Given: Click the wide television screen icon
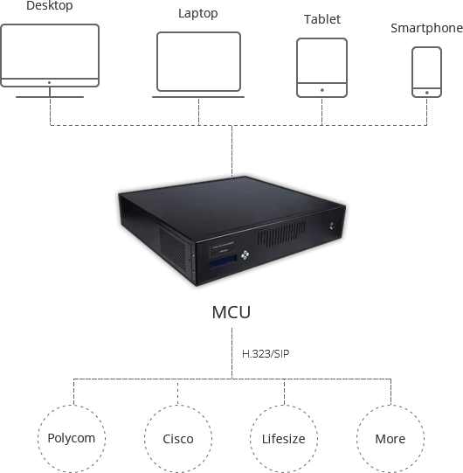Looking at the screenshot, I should pyautogui.click(x=54, y=58).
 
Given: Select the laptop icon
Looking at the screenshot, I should pyautogui.click(x=198, y=61).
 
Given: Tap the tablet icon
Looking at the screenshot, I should pyautogui.click(x=322, y=64).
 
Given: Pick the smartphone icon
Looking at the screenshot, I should pyautogui.click(x=427, y=67).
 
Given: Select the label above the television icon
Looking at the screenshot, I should pyautogui.click(x=49, y=7).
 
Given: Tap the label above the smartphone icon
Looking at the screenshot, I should pyautogui.click(x=426, y=28).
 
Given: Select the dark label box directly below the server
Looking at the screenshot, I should pyautogui.click(x=231, y=310).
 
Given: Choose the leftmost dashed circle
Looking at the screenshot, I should pyautogui.click(x=72, y=437).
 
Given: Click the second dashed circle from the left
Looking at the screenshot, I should pyautogui.click(x=178, y=437).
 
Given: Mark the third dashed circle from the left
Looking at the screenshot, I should pyautogui.click(x=284, y=437).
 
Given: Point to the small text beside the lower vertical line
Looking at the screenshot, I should pyautogui.click(x=264, y=357).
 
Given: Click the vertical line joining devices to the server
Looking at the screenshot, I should pyautogui.click(x=233, y=144).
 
